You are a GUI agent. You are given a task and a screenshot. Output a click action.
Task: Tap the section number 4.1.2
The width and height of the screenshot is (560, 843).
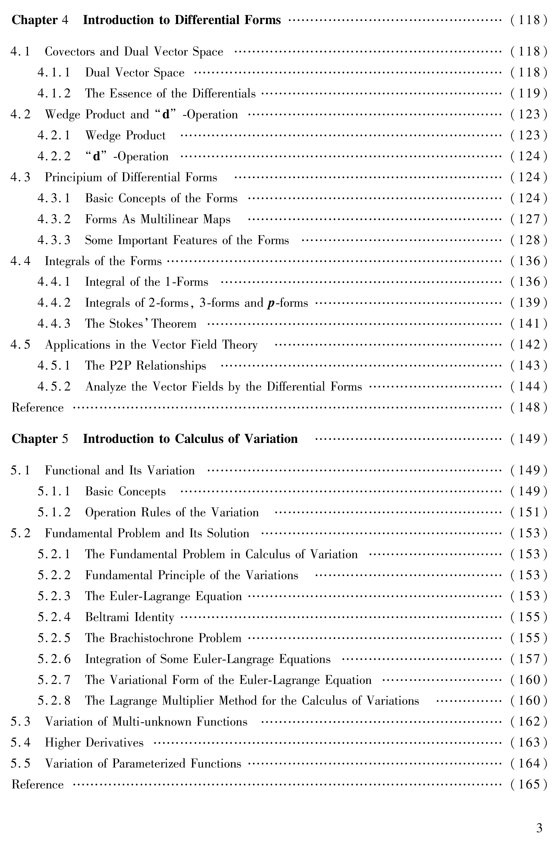point(54,94)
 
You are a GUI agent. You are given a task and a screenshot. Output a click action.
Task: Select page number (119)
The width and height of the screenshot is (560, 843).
point(529,94)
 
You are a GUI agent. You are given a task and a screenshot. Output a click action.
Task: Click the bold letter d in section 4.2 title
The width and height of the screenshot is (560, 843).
point(166,115)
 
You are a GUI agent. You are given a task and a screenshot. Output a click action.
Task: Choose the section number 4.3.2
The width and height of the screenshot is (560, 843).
point(54,219)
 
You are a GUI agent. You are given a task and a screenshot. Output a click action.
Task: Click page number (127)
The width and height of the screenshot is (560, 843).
point(529,219)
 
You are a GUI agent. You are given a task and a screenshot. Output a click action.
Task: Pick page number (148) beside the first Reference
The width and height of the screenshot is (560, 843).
point(529,407)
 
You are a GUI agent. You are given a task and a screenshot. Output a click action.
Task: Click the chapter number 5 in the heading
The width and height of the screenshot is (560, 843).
point(65,439)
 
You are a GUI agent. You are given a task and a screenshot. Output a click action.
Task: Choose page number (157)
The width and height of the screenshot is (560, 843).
point(529,659)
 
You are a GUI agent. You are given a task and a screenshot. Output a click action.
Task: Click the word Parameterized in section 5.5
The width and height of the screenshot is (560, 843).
point(149,764)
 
